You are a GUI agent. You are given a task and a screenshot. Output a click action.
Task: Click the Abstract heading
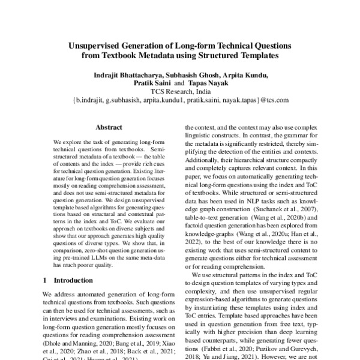[109, 128]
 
